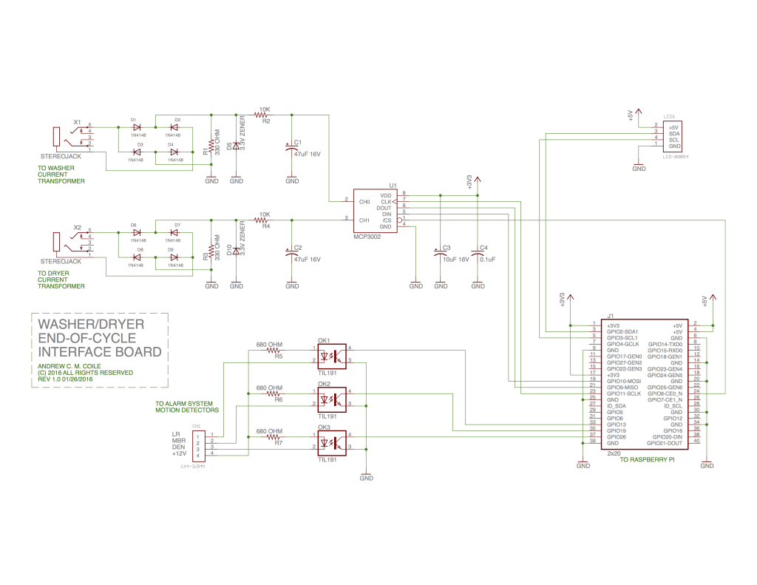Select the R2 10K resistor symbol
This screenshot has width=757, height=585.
point(262,115)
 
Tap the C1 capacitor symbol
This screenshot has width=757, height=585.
point(292,148)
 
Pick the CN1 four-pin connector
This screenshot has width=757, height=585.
point(197,444)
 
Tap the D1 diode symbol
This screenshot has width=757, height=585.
point(137,127)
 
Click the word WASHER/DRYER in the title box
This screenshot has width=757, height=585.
point(91,324)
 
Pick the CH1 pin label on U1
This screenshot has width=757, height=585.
point(364,220)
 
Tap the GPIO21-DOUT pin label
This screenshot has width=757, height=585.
point(665,442)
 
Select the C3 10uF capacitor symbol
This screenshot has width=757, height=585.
point(440,253)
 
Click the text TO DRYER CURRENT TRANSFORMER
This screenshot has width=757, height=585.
point(61,280)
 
